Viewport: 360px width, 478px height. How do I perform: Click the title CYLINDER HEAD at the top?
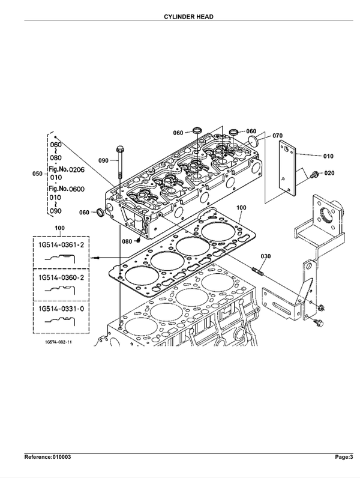click(180, 17)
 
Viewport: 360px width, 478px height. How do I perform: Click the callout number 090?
click(104, 160)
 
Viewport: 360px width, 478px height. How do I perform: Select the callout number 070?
click(277, 136)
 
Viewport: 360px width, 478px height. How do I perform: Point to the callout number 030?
click(266, 256)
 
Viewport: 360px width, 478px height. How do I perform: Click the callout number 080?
click(127, 241)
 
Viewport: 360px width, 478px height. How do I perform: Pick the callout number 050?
click(37, 174)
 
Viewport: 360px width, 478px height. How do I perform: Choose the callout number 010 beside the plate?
click(328, 156)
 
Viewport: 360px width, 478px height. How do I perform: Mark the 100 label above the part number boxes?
click(59, 228)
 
